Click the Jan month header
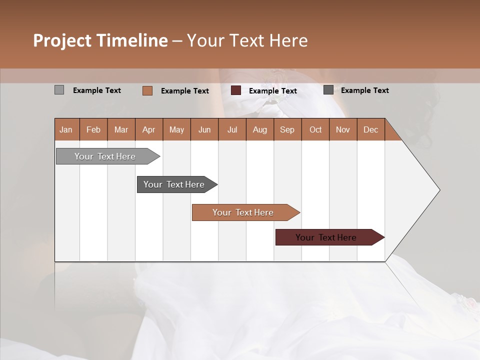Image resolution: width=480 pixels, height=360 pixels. pyautogui.click(x=66, y=129)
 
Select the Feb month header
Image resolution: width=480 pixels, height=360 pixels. pyautogui.click(x=93, y=129)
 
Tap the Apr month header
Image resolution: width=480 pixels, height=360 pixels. pyautogui.click(x=148, y=129)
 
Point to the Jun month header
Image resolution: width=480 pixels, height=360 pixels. pyautogui.click(x=204, y=129)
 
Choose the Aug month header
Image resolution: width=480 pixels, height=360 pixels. pyautogui.click(x=260, y=129)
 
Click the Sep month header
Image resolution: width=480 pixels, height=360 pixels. pyautogui.click(x=287, y=129)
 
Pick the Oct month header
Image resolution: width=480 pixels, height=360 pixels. pyautogui.click(x=315, y=129)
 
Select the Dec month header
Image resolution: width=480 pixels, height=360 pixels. pyautogui.click(x=370, y=129)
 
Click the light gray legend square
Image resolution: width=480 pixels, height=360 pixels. pyautogui.click(x=59, y=90)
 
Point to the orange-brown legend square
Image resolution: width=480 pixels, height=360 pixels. pyautogui.click(x=147, y=90)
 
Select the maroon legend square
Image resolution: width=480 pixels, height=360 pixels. pyautogui.click(x=236, y=90)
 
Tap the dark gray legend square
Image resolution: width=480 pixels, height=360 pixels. pyautogui.click(x=328, y=90)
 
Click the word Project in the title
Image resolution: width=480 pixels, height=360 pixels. pyautogui.click(x=61, y=40)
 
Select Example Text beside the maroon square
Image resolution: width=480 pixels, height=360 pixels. pyautogui.click(x=272, y=91)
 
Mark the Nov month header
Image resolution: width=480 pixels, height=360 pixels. pyautogui.click(x=343, y=129)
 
